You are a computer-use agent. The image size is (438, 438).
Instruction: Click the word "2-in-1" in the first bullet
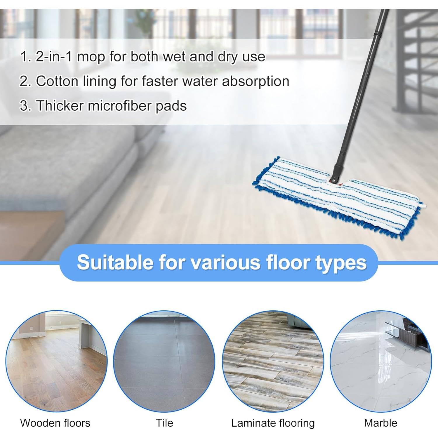(x=53, y=56)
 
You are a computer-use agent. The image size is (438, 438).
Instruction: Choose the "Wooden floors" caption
(x=55, y=423)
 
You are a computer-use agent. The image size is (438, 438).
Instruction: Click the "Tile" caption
(x=164, y=423)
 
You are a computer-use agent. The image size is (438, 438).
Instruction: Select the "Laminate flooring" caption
(x=273, y=423)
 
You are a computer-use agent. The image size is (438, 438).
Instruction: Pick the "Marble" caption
(x=380, y=423)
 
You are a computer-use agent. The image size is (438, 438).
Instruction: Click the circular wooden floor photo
(x=56, y=361)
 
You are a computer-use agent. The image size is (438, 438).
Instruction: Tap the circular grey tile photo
(x=164, y=361)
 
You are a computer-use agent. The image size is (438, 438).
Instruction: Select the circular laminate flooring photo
(x=273, y=361)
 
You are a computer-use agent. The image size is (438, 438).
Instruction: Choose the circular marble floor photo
(x=381, y=361)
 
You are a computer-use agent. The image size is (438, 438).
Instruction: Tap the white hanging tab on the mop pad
(x=423, y=206)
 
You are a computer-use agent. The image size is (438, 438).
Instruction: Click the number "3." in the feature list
(x=25, y=105)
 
